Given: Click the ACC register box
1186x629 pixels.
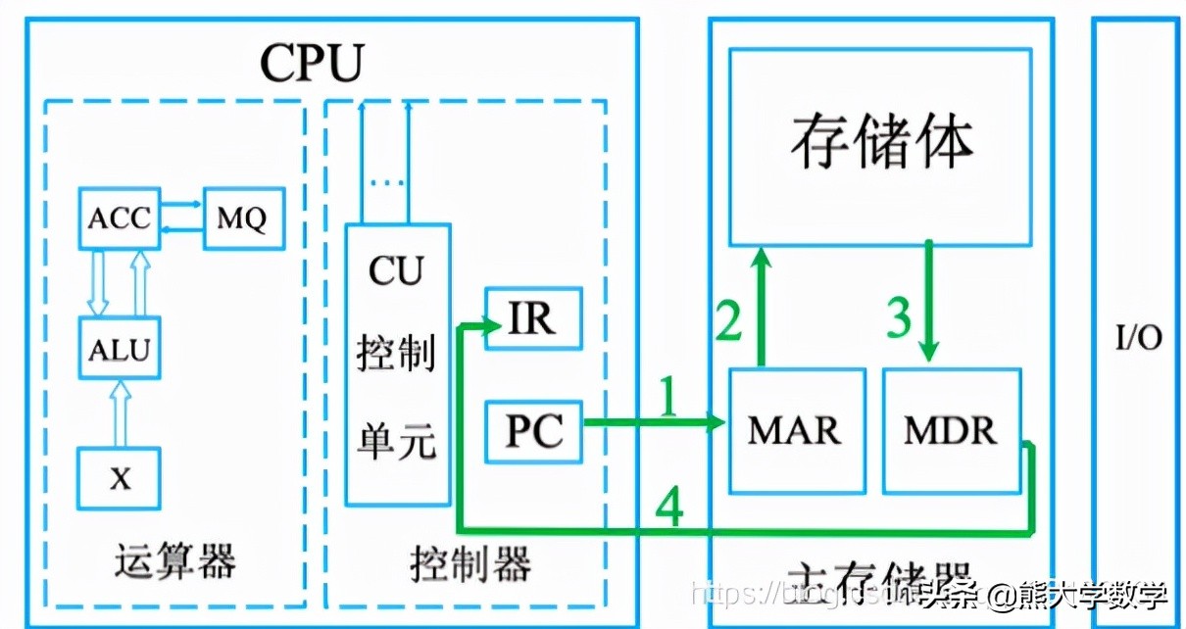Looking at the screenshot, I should (119, 218).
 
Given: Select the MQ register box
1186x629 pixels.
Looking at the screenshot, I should (243, 218).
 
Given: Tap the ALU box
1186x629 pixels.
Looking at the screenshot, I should (119, 349).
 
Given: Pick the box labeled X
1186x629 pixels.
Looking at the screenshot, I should (119, 479).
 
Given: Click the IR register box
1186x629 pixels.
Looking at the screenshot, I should (532, 319).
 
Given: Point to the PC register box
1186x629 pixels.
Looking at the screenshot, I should (534, 432).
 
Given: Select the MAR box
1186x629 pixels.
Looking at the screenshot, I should (796, 431).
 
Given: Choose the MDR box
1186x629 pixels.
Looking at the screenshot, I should (951, 431).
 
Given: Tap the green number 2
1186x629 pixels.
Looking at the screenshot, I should (728, 320).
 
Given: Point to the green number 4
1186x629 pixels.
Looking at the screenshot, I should (669, 508).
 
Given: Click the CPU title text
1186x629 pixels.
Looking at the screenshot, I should (312, 63).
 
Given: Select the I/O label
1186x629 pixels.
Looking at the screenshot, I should (1139, 338).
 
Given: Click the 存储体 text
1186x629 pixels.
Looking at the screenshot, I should (880, 145).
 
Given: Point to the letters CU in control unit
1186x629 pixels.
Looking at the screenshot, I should (396, 271).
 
